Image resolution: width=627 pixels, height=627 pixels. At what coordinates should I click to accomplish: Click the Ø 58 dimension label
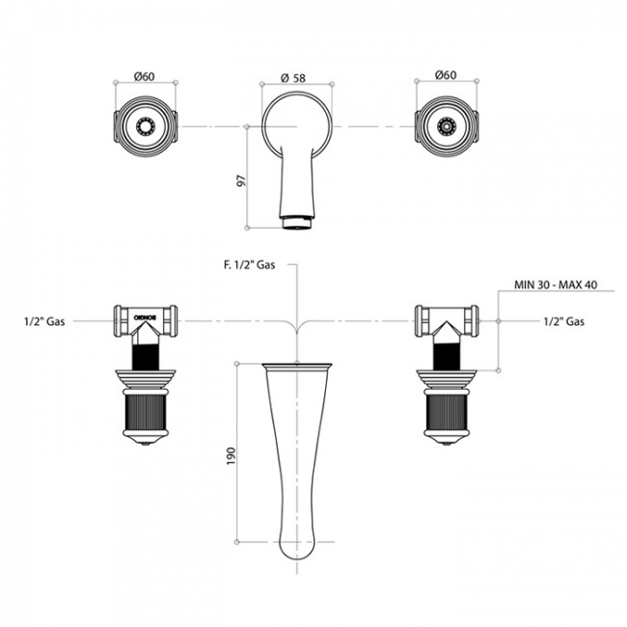[293, 77]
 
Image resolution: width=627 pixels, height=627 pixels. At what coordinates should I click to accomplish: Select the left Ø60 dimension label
[145, 76]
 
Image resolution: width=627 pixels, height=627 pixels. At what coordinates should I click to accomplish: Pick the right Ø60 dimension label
[446, 75]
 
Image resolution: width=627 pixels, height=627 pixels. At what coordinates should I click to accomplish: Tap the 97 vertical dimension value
[241, 180]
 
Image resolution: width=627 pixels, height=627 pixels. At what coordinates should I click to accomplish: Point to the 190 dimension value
[232, 456]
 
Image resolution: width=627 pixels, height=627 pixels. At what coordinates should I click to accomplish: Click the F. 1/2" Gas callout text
[249, 264]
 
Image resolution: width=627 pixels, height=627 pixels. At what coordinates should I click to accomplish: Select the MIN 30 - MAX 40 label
[556, 285]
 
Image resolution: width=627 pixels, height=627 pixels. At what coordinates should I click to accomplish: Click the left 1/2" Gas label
[44, 321]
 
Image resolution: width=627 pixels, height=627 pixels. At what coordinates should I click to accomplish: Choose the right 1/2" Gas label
[564, 321]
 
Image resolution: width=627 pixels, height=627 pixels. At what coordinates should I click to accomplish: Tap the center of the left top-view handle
[146, 126]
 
